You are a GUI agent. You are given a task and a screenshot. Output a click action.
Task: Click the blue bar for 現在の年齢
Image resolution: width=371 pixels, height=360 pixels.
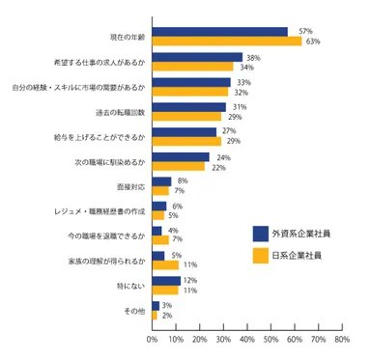tap(219, 32)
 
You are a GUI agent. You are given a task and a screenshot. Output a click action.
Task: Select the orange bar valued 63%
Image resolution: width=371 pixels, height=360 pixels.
tap(226, 42)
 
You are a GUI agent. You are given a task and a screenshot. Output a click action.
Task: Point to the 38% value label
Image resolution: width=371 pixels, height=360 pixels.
tap(253, 57)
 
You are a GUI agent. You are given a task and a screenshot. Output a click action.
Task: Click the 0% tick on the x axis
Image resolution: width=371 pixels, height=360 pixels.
tap(152, 340)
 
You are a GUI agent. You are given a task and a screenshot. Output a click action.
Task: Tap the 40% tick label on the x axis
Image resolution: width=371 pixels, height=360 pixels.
tap(246, 340)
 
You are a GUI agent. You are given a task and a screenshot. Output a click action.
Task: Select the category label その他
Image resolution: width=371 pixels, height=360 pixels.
tap(134, 310)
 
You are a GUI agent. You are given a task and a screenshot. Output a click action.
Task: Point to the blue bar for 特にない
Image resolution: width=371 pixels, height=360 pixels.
tap(166, 281)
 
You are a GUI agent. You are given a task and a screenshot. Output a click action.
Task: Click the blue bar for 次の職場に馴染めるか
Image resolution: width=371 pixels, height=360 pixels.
tap(181, 156)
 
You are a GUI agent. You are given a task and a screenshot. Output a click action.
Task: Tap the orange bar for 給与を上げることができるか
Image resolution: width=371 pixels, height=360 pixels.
tap(186, 142)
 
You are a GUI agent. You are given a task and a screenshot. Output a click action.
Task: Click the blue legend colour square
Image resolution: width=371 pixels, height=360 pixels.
tap(260, 234)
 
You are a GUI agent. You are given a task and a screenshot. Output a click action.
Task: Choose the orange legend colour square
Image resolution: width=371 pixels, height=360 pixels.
tap(260, 255)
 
